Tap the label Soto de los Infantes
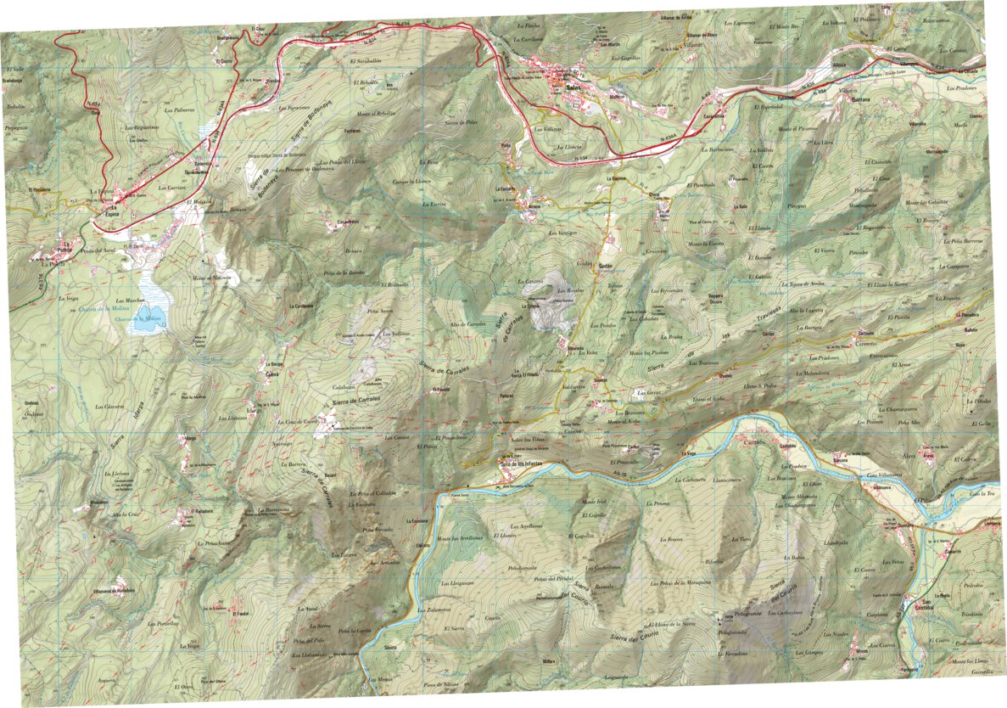point(520,464)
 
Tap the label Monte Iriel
point(593,502)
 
